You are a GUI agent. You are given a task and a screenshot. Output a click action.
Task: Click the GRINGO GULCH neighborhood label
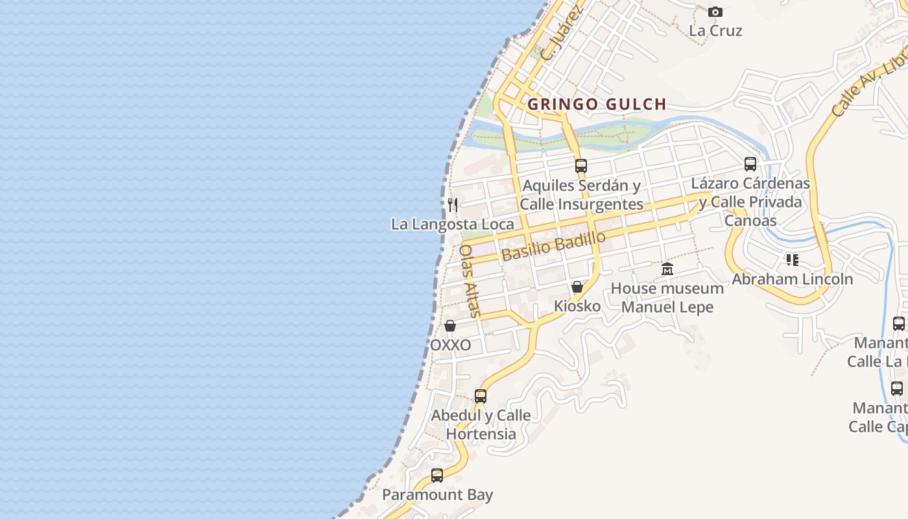[x=597, y=104]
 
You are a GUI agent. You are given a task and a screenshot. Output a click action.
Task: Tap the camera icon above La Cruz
[x=715, y=12]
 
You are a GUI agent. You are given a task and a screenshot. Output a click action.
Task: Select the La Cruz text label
[x=715, y=30]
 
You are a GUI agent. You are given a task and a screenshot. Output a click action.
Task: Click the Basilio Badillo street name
[x=553, y=246]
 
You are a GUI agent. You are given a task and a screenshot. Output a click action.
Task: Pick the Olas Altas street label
[x=469, y=281]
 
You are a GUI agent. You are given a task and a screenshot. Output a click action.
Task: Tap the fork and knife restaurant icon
[x=453, y=205]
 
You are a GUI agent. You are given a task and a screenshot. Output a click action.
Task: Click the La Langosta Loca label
[x=452, y=224]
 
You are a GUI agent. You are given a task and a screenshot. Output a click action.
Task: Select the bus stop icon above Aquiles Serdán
[x=581, y=166]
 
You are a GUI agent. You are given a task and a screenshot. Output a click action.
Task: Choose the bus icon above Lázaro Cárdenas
[x=750, y=164]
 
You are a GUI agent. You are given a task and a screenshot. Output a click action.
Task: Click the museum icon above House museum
[x=667, y=269]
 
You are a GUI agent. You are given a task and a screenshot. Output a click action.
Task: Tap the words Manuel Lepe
[x=667, y=307]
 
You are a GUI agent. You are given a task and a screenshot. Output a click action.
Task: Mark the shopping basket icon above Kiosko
[x=577, y=287]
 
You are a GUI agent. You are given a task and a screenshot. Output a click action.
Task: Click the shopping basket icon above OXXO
[x=450, y=326]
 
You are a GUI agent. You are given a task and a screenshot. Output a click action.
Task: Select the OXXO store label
[x=451, y=345]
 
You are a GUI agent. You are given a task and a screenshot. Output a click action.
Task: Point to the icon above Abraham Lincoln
[x=792, y=260]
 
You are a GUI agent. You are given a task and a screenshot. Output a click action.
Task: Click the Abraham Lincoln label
[x=793, y=280]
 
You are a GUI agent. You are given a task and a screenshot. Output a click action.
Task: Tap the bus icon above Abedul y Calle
[x=481, y=396]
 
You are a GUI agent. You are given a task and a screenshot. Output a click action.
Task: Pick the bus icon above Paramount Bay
[x=437, y=476]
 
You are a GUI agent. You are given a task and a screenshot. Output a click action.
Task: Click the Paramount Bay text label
[x=437, y=495]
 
